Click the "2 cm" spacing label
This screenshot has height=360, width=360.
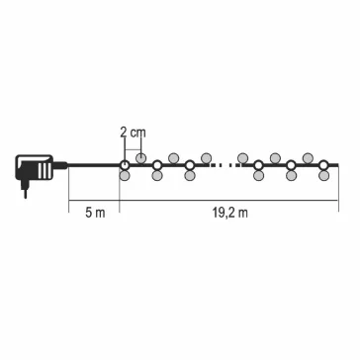coord(133,133)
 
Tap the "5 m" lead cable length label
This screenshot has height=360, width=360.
coord(95,213)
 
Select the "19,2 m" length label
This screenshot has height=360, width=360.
coord(229,213)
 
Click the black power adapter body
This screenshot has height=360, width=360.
coord(35,167)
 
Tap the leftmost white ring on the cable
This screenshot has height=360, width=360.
coord(125,165)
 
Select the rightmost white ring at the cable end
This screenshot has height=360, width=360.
coord(323,165)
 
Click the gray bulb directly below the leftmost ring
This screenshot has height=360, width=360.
coord(125,175)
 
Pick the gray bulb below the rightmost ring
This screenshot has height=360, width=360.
coord(324,175)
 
